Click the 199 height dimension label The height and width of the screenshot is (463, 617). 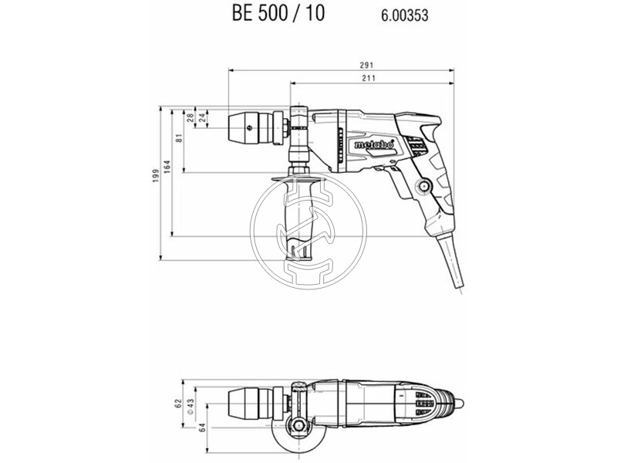pyautogui.click(x=155, y=179)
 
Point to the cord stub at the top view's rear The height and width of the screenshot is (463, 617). pyautogui.click(x=461, y=402)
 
